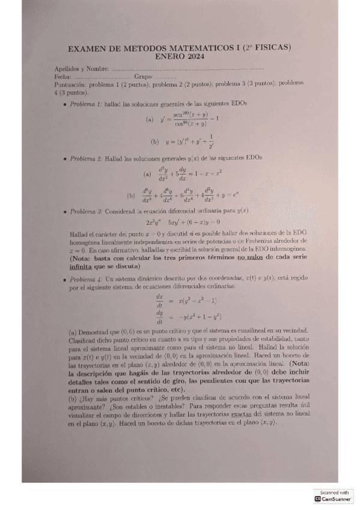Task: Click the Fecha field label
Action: click(x=62, y=77)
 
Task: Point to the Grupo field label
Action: click(x=143, y=77)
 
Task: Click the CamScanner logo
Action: click(x=334, y=498)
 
